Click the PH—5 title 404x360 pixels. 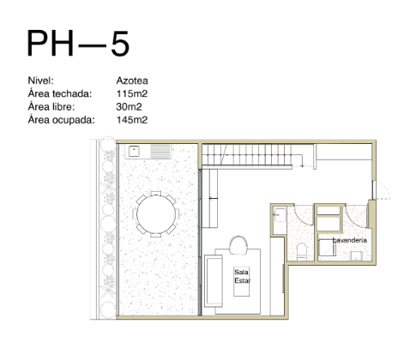[x=78, y=44]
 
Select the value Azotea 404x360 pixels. [x=132, y=81]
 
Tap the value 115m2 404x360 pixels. [x=132, y=93]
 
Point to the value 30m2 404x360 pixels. [x=129, y=107]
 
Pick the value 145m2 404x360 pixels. [x=132, y=120]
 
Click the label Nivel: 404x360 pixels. [x=40, y=81]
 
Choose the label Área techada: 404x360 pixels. [x=60, y=93]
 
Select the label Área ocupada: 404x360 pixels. [x=61, y=120]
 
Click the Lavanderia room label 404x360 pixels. [x=350, y=240]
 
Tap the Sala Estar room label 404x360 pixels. [x=242, y=276]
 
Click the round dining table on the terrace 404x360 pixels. [x=156, y=214]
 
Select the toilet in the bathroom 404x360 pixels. [x=302, y=252]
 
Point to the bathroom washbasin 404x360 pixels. [x=279, y=215]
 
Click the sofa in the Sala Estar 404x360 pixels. [x=214, y=281]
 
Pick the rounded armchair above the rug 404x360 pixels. [x=238, y=245]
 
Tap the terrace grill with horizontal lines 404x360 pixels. [x=160, y=152]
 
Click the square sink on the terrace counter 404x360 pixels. [x=134, y=151]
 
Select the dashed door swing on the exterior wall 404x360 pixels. [x=383, y=190]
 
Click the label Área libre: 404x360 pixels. [x=51, y=107]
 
